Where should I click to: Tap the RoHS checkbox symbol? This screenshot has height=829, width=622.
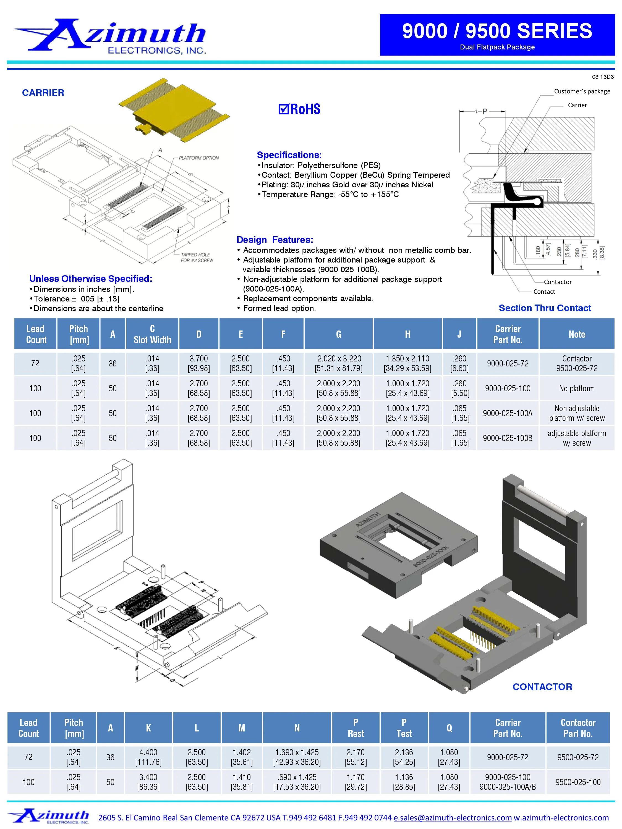[283, 109]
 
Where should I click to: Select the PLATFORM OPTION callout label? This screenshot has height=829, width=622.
[199, 158]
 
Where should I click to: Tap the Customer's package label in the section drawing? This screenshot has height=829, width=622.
[582, 91]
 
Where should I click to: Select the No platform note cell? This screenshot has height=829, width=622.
[576, 388]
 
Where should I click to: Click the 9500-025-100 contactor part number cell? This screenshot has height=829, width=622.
[577, 782]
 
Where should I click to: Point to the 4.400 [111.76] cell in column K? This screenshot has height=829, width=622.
[148, 757]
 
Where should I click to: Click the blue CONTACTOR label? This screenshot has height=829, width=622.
[542, 687]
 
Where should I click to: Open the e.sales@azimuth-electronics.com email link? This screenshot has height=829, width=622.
[453, 817]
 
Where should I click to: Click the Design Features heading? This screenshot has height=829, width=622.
[275, 240]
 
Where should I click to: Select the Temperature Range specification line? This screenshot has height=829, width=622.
[328, 194]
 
